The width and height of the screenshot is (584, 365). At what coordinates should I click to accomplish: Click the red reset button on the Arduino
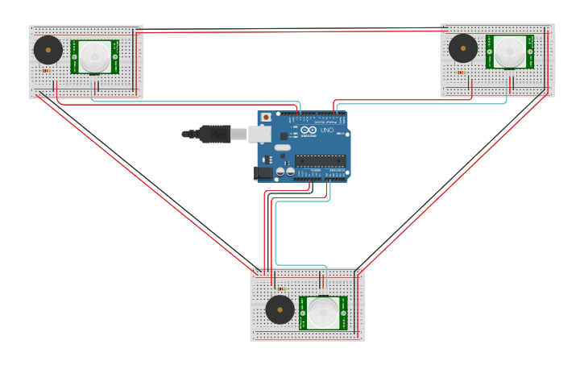tap(267, 117)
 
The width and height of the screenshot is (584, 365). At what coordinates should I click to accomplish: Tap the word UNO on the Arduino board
tap(327, 130)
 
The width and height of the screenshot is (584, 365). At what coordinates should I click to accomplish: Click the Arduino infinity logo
tap(309, 130)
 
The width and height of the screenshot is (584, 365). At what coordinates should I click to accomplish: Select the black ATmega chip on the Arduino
tap(320, 160)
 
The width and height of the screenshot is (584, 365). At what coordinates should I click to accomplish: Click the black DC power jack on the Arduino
tap(263, 172)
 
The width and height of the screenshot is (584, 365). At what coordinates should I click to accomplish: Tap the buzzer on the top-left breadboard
tap(48, 50)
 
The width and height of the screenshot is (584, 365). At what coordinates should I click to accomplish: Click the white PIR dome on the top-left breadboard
tap(94, 56)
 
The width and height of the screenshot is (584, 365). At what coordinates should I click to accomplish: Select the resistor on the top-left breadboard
tap(46, 71)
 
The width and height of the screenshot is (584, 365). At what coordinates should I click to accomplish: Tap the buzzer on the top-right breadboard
tap(463, 48)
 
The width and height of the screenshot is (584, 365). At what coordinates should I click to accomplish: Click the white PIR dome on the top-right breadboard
tap(509, 52)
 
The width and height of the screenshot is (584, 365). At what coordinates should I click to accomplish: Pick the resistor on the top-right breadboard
tap(462, 73)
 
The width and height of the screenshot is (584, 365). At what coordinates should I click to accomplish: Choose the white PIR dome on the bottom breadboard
tap(324, 313)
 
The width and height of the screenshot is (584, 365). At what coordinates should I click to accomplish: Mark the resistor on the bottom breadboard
tap(281, 288)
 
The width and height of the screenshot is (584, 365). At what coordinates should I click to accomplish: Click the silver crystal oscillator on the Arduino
tap(281, 147)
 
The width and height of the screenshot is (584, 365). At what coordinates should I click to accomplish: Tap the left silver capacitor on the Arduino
tap(280, 171)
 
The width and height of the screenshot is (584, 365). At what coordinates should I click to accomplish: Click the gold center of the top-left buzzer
tap(48, 50)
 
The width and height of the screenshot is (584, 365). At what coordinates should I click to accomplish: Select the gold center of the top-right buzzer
tap(463, 48)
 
